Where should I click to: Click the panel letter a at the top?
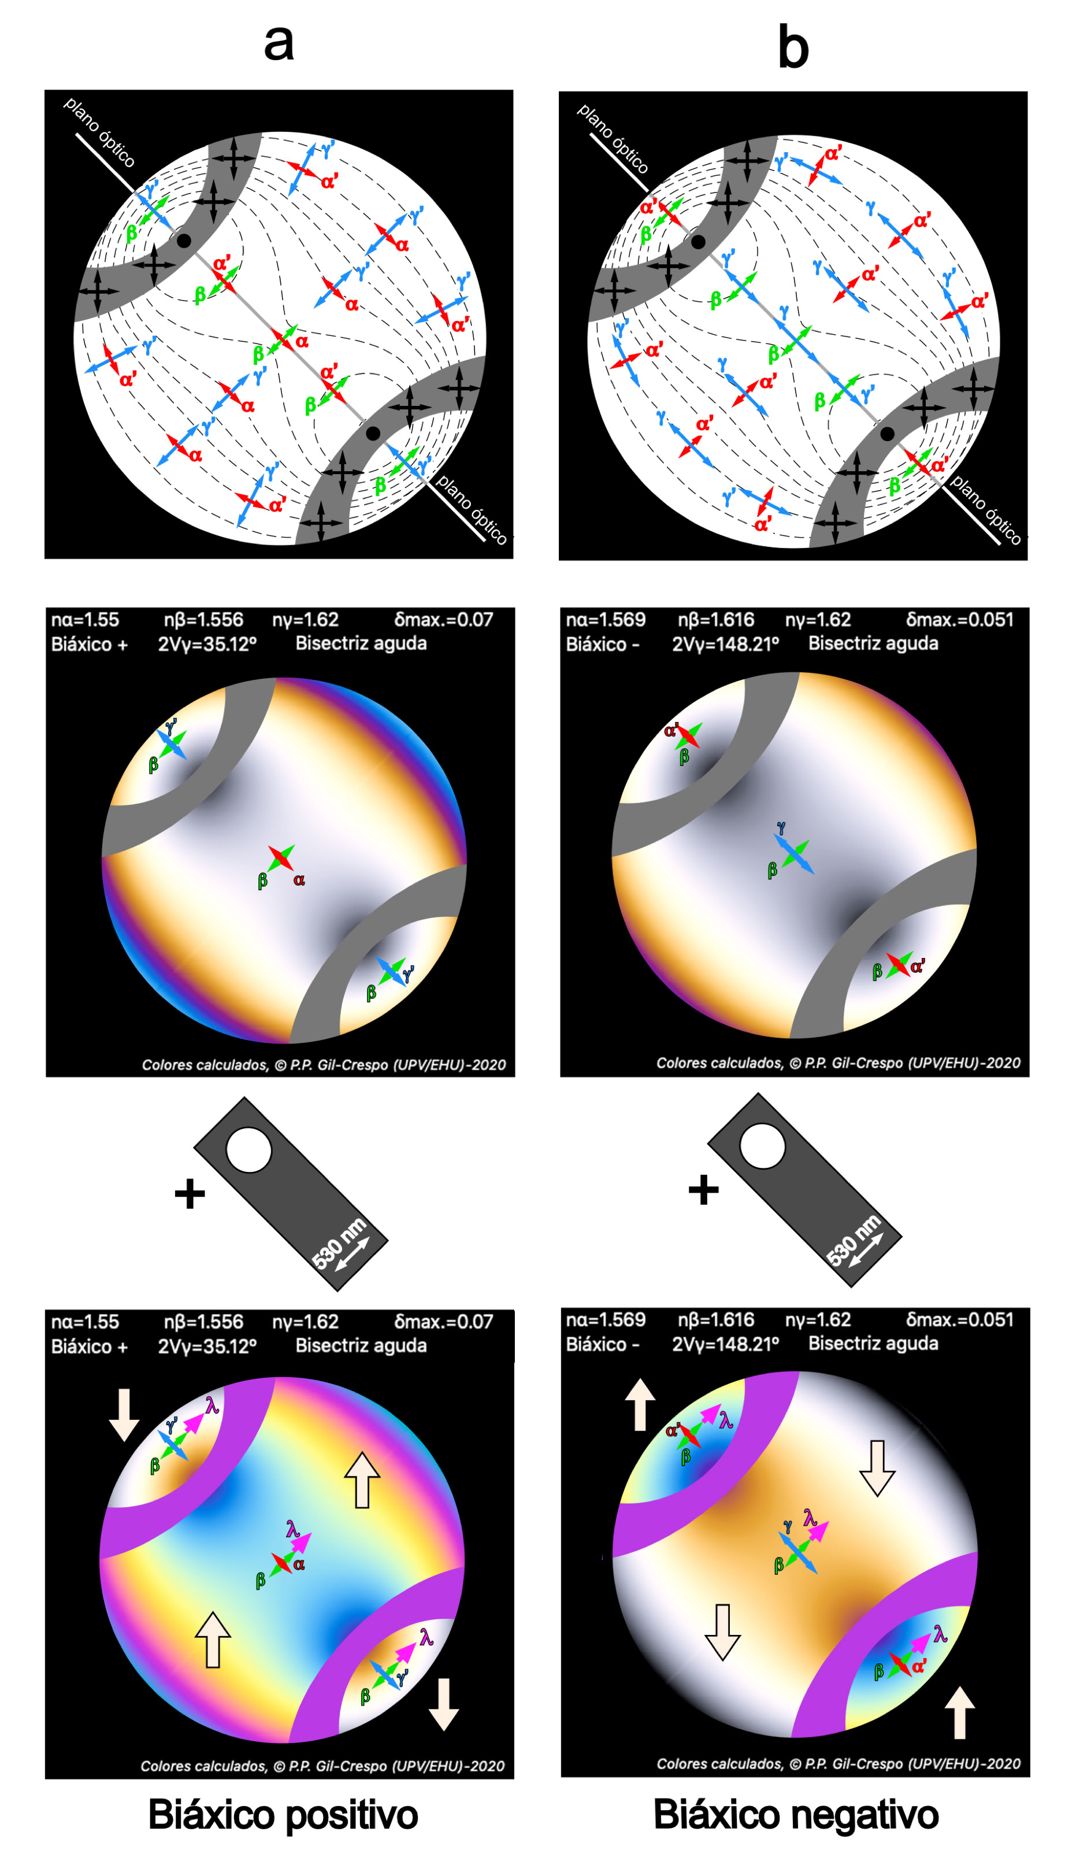click(x=279, y=43)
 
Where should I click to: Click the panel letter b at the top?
click(x=793, y=46)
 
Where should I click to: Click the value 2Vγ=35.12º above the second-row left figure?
click(x=207, y=644)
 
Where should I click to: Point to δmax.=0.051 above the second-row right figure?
click(x=960, y=620)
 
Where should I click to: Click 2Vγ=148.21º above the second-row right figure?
click(x=726, y=644)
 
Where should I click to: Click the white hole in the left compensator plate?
click(x=249, y=1150)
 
